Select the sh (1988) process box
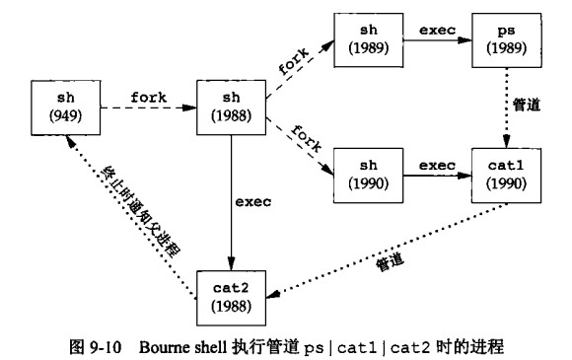[231, 109]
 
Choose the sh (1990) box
[368, 175]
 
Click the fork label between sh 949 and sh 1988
[148, 98]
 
